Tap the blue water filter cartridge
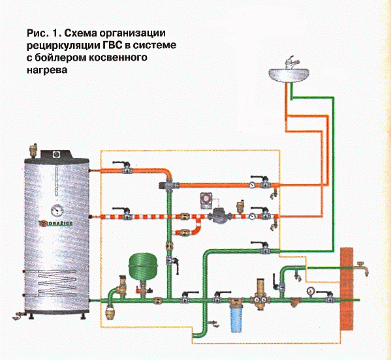pyautogui.click(x=236, y=320)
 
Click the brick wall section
pyautogui.click(x=347, y=288)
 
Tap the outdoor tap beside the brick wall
pyautogui.click(x=363, y=268)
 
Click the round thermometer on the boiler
pyautogui.click(x=57, y=211)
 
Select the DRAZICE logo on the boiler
pyautogui.click(x=56, y=223)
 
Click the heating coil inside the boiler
pyautogui.click(x=57, y=284)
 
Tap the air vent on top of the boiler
pyautogui.click(x=33, y=149)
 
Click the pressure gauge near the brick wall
pyautogui.click(x=311, y=290)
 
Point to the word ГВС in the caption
pyautogui.click(x=116, y=46)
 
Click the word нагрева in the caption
pyautogui.click(x=47, y=70)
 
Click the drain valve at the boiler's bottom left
pyautogui.click(x=18, y=316)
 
